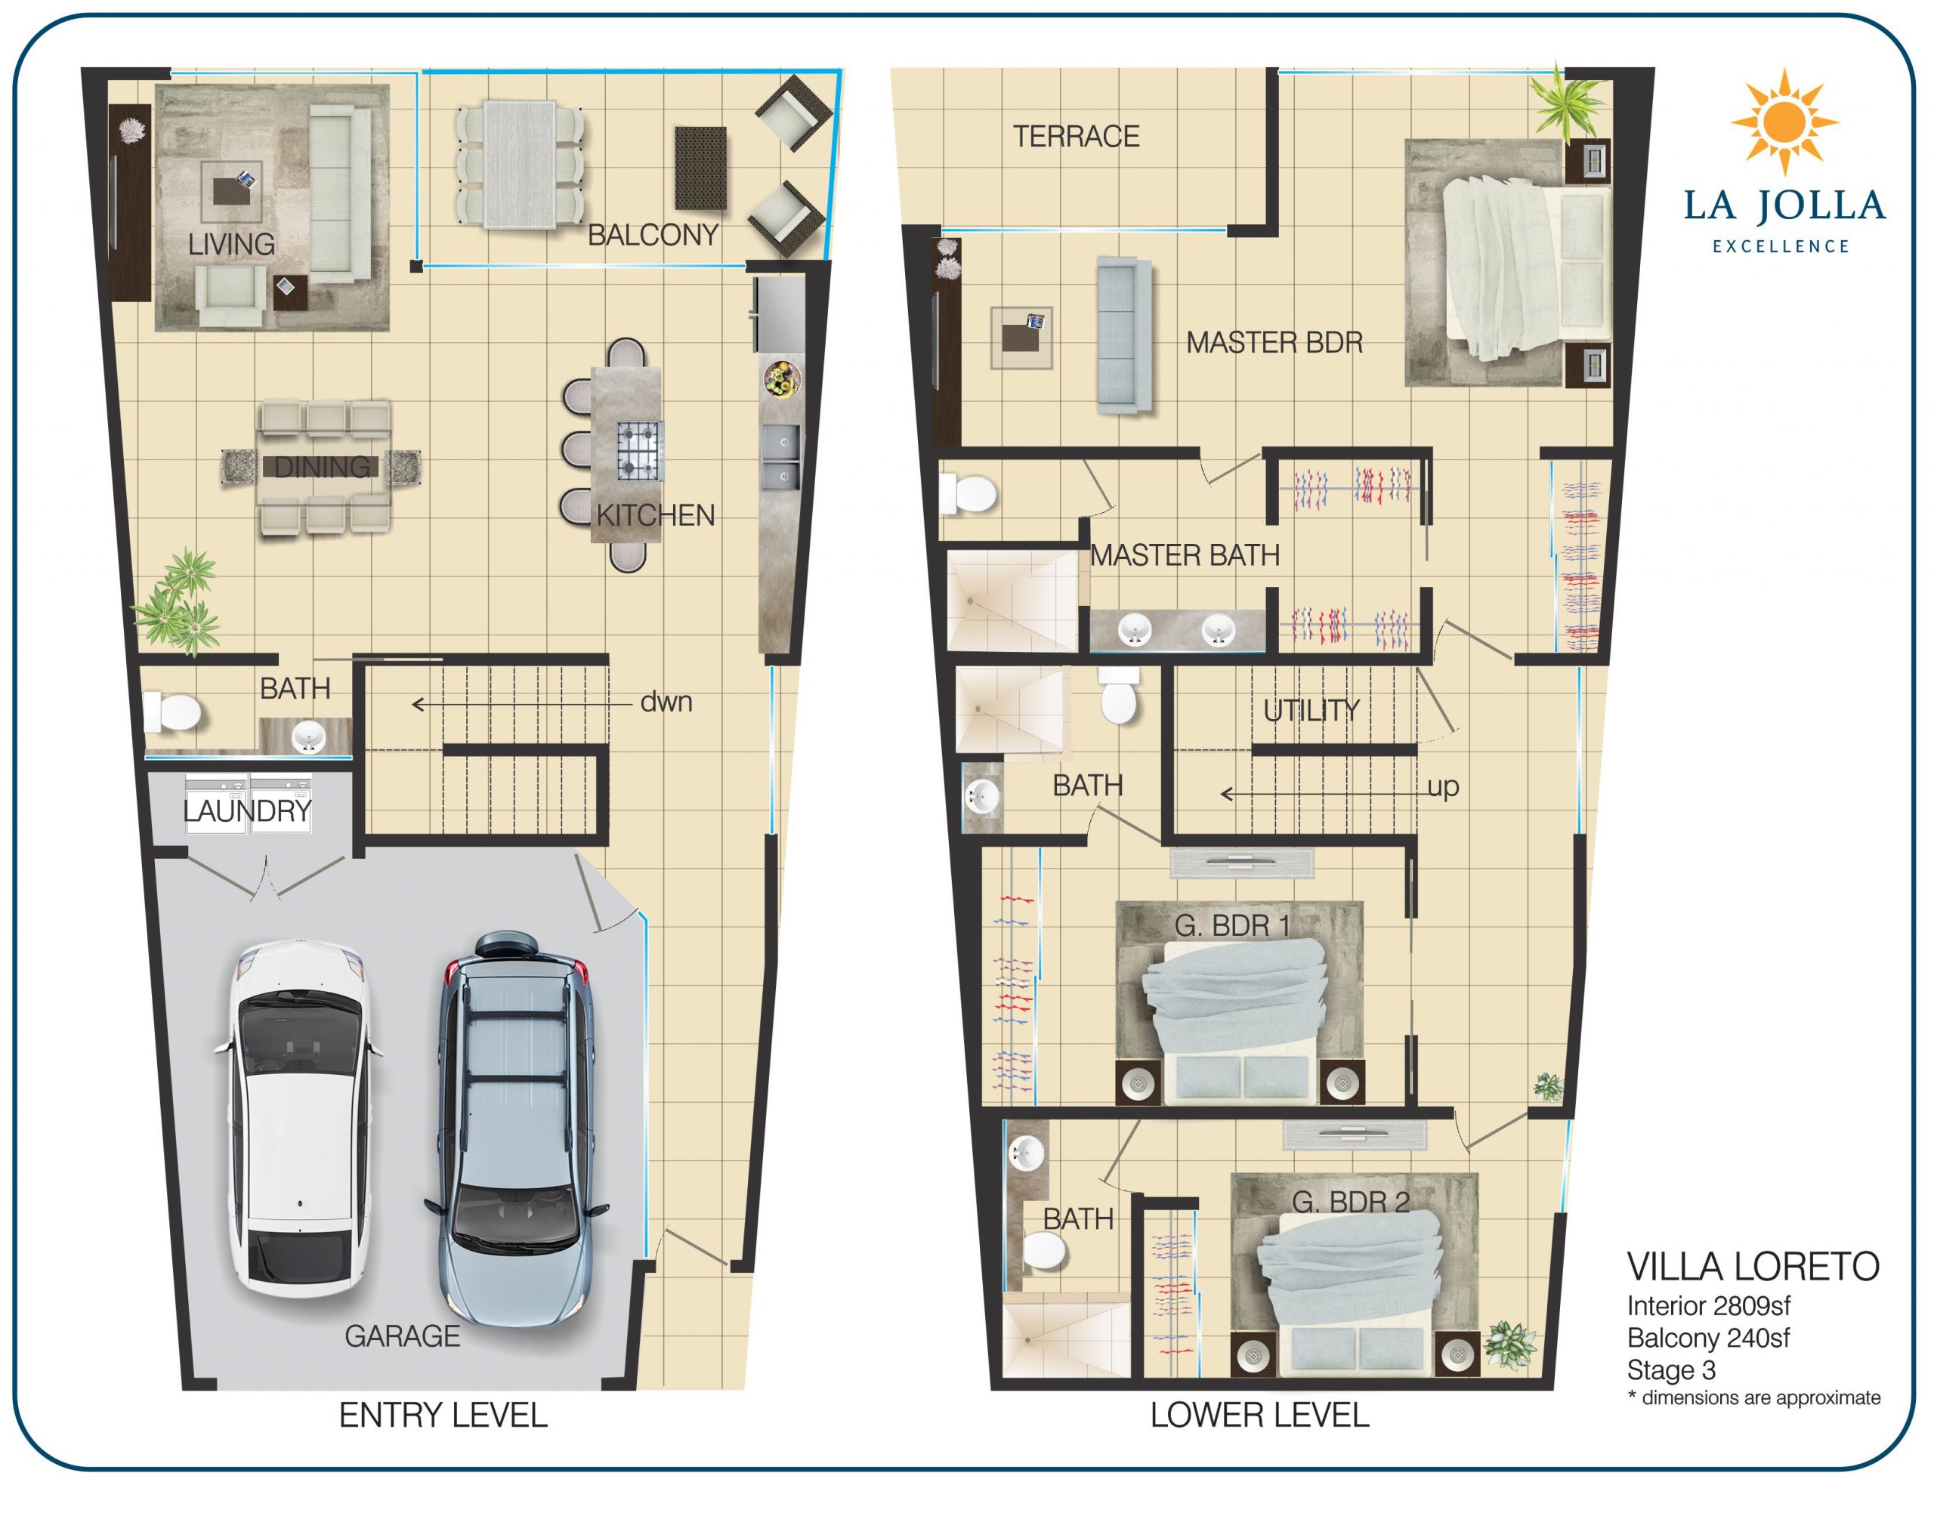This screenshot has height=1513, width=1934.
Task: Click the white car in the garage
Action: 299,1118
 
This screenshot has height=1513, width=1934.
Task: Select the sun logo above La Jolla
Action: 1784,120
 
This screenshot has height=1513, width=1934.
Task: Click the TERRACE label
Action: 1076,137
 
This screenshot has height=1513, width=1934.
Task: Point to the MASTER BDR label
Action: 1274,342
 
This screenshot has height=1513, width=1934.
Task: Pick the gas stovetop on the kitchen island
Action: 640,450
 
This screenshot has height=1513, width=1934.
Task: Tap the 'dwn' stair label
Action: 666,702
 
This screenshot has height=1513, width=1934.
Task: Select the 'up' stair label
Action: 1443,786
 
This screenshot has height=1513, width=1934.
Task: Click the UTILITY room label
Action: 1311,711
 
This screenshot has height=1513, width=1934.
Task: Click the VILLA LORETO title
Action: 1753,1267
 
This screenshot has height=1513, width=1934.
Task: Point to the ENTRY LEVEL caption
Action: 443,1416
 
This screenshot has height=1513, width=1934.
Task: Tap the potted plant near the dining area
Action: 180,602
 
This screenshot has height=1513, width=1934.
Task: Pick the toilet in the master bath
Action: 969,493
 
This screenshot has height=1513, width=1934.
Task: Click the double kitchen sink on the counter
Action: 780,456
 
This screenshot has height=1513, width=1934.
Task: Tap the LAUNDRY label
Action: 247,811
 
